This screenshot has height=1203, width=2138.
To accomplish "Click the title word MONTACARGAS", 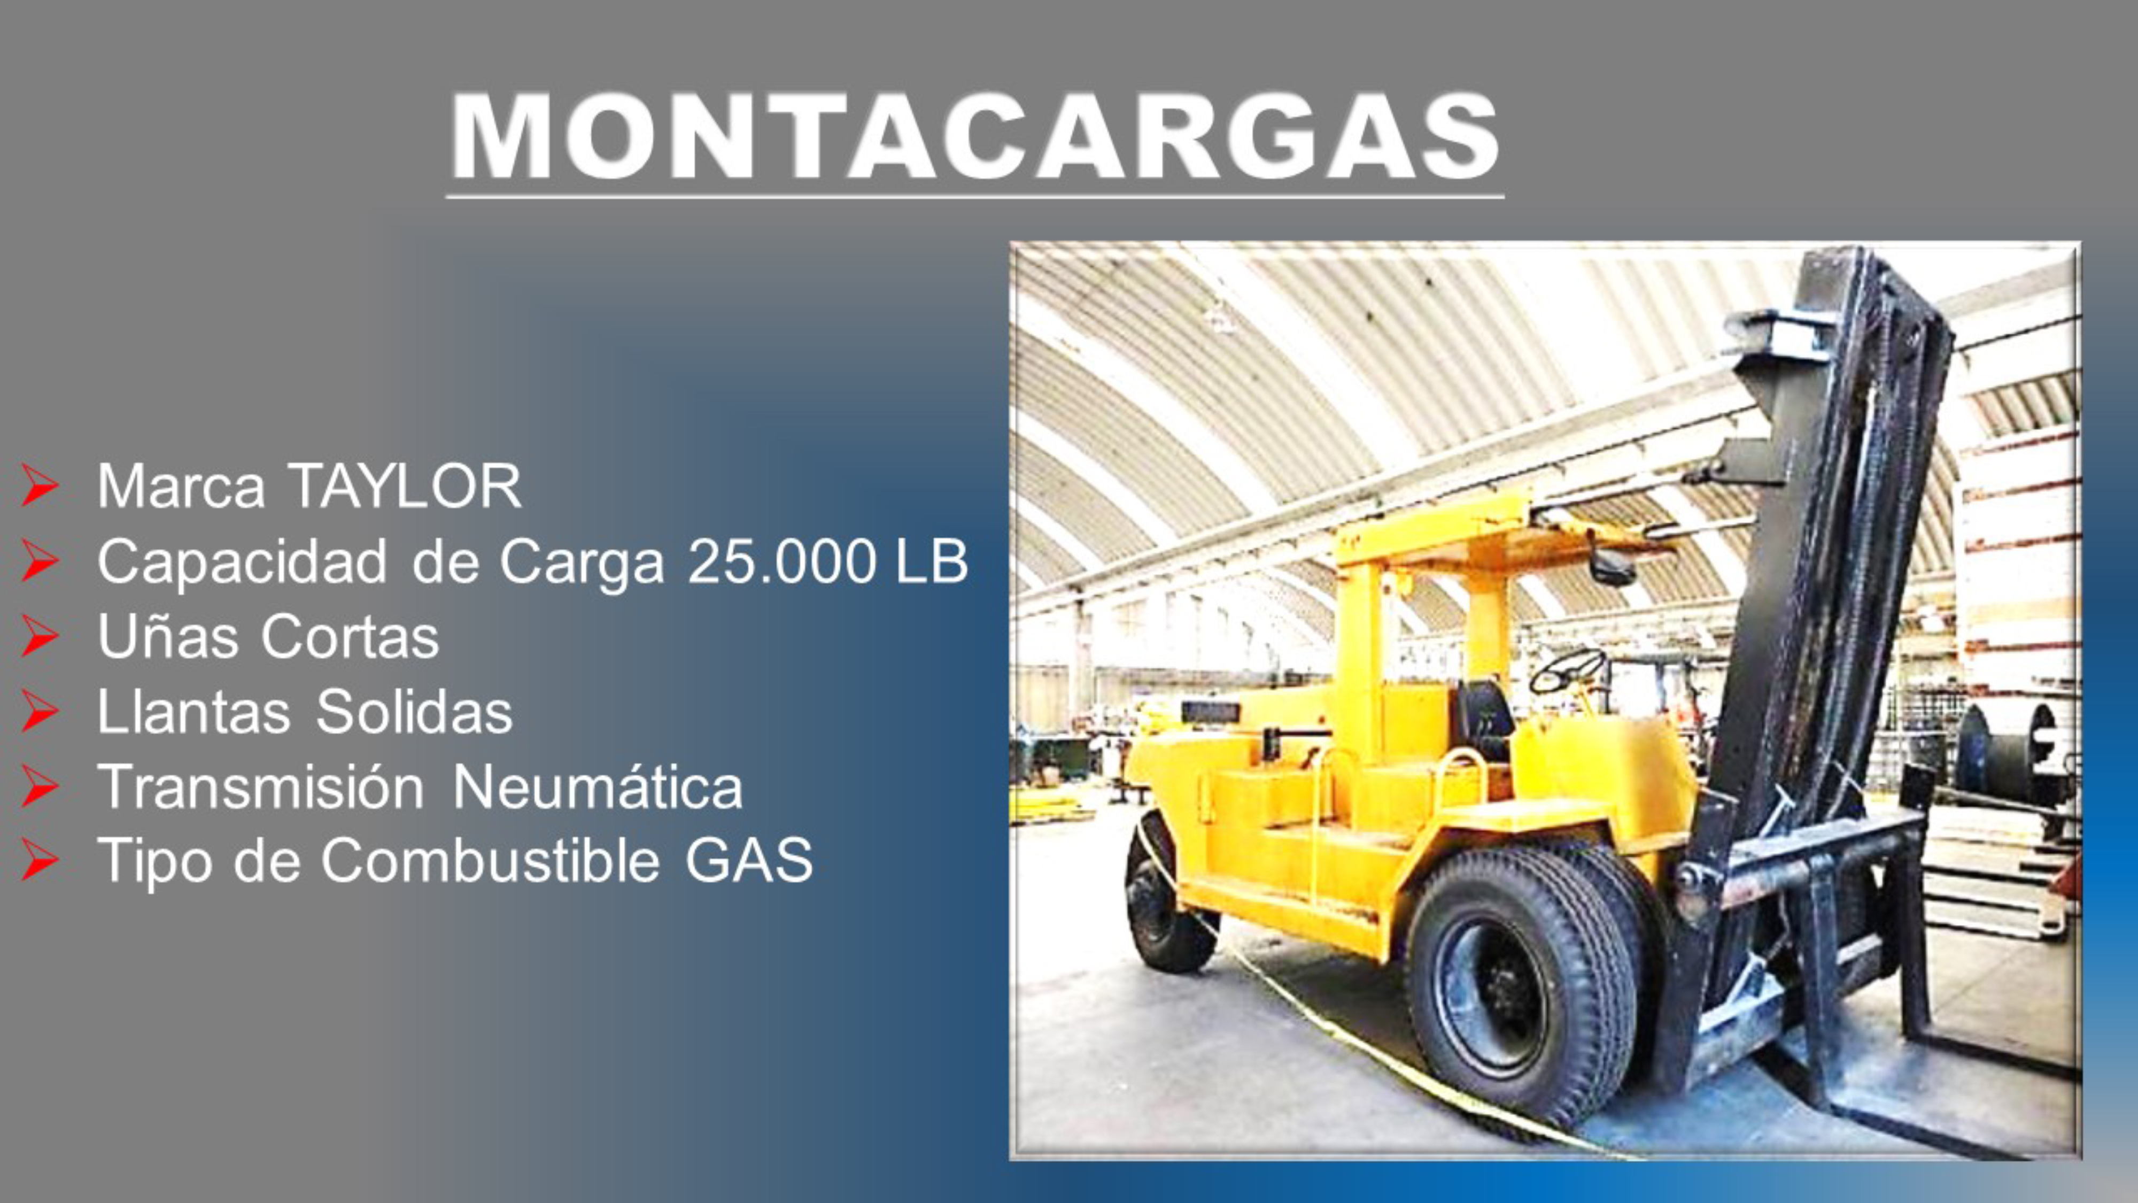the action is point(975,137).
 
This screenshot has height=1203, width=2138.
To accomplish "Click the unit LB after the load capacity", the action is point(931,562).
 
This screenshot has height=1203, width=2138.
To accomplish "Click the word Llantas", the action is point(193,712).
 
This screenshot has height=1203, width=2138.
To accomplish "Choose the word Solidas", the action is point(414,712).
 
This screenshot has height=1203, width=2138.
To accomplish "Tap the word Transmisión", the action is point(261,786).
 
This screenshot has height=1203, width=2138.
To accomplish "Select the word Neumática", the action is point(598,786).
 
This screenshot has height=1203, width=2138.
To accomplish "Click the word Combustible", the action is point(491,861).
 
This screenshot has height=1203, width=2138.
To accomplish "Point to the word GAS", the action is point(749,861).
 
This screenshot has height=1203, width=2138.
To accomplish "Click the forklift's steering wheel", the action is point(1567,670).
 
